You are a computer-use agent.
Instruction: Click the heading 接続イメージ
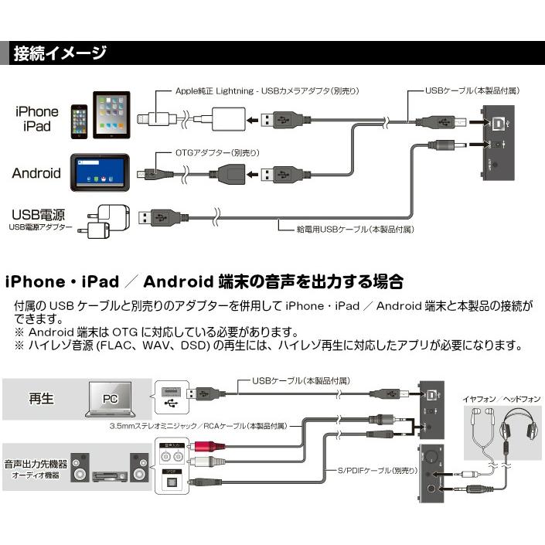point(60,54)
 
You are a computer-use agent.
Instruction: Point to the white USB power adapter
point(103,220)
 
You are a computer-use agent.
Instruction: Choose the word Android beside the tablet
point(36,173)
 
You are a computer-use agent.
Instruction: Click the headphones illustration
point(517,428)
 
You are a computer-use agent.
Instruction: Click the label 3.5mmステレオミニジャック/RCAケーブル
point(197,426)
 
